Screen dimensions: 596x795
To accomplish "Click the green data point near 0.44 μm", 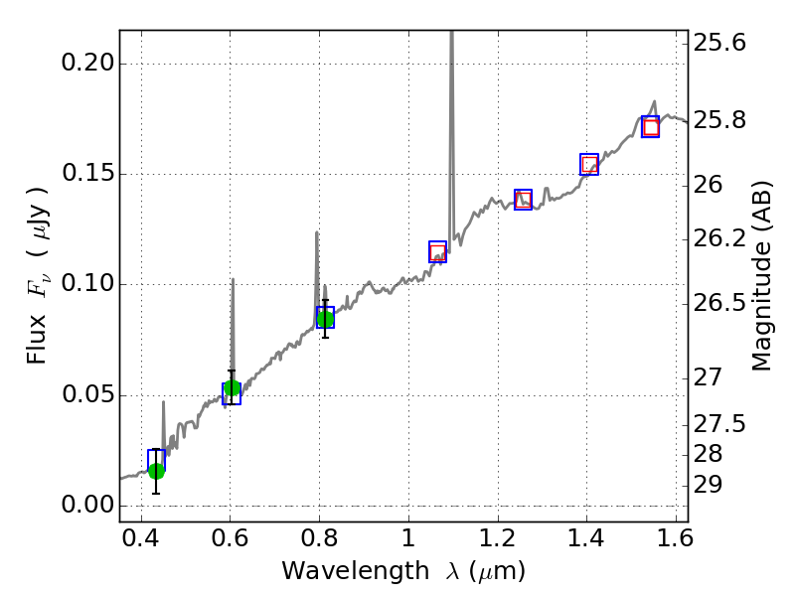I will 156,471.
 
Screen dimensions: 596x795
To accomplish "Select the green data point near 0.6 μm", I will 232,388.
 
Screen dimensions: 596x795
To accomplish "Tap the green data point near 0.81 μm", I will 325,318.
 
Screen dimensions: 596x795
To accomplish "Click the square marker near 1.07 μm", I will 437,251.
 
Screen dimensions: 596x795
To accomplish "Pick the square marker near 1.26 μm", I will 523,200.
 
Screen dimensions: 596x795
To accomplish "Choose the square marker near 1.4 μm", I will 589,165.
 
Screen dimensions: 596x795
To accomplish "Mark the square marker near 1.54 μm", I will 651,127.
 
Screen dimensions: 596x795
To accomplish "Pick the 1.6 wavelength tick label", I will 675,542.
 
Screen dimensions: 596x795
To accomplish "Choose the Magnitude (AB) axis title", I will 762,275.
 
